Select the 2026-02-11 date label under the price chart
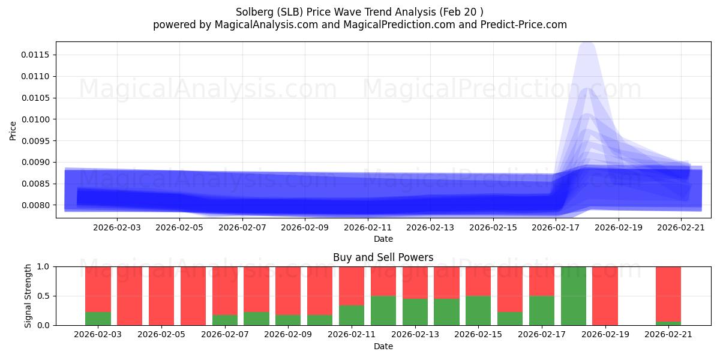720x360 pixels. tap(368, 227)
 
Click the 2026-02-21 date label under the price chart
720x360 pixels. tap(680, 227)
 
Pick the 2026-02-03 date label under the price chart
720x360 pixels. tap(117, 227)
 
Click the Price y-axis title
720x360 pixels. tap(13, 130)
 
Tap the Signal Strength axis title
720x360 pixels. tap(28, 296)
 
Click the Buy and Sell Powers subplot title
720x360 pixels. tap(383, 257)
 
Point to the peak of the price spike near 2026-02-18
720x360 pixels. tap(587, 44)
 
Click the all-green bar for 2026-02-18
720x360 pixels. tap(574, 296)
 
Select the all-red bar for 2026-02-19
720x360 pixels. tap(605, 296)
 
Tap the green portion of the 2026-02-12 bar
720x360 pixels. tap(383, 310)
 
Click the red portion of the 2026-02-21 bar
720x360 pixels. tap(668, 293)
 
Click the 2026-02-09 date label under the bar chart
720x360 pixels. tap(289, 335)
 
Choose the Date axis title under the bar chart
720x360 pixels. tap(383, 346)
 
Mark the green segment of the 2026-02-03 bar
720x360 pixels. tap(98, 319)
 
